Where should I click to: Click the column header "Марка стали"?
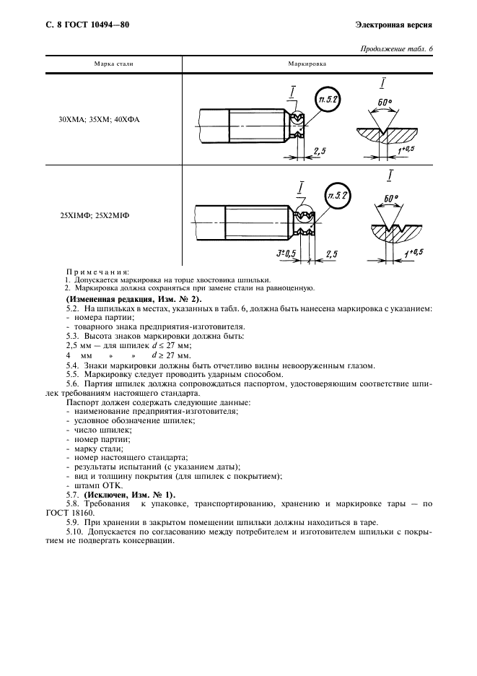pyautogui.click(x=114, y=64)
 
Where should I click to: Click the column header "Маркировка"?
pyautogui.click(x=307, y=64)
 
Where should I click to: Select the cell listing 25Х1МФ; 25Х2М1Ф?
pyautogui.click(x=98, y=214)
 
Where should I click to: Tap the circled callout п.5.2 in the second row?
pyautogui.click(x=337, y=196)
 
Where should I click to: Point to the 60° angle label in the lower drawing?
pyautogui.click(x=390, y=198)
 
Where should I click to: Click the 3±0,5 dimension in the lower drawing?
pyautogui.click(x=287, y=253)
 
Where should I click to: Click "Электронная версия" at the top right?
pyautogui.click(x=393, y=25)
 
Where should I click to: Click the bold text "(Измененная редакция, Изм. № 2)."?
pyautogui.click(x=134, y=299)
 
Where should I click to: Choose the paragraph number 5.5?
pyautogui.click(x=72, y=374)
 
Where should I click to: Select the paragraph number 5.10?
pyautogui.click(x=74, y=531)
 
